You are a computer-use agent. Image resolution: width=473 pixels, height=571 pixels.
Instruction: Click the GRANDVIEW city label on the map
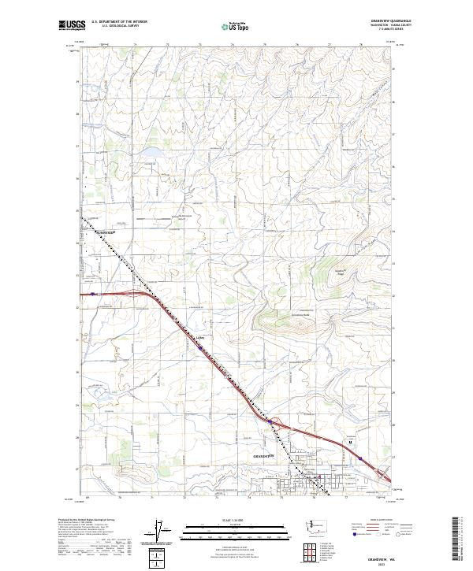coord(263,456)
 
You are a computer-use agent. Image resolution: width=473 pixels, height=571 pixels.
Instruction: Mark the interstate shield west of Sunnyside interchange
coord(94,294)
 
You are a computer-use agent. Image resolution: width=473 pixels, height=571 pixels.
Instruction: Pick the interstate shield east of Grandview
coord(359,457)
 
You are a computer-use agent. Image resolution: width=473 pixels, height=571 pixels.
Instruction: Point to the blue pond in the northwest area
coord(151,150)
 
